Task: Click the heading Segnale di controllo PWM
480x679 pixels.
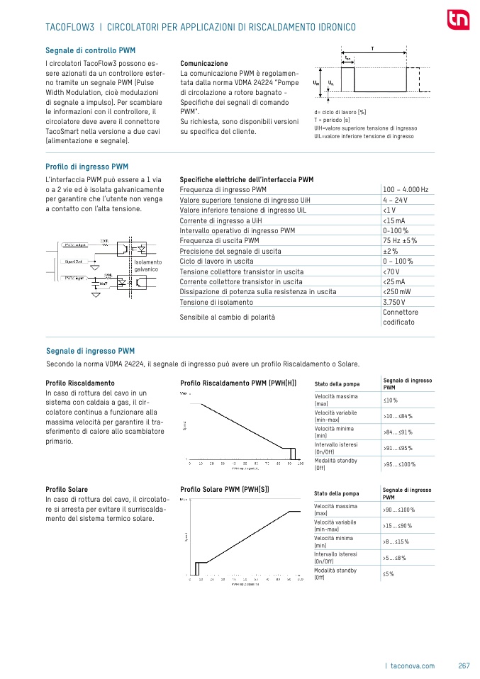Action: click(90, 51)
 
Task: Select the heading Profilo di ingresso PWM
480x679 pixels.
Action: click(86, 167)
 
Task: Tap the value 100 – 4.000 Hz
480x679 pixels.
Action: click(405, 190)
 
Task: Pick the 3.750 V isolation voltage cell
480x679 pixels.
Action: click(395, 302)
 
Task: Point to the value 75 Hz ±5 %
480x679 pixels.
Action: click(400, 241)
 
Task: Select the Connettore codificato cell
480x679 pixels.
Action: click(401, 317)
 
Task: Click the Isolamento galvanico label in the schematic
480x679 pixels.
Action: click(148, 266)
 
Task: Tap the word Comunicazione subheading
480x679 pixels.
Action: click(204, 63)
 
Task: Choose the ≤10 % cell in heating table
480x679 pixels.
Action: click(391, 401)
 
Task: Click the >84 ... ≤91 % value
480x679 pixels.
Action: click(398, 432)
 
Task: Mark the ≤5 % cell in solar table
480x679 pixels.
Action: click(389, 573)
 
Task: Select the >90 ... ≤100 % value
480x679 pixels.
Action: click(398, 510)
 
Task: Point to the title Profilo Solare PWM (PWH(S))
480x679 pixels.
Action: click(225, 490)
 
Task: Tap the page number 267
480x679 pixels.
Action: click(464, 666)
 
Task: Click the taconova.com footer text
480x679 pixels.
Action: click(411, 666)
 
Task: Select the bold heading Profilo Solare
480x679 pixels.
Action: click(67, 490)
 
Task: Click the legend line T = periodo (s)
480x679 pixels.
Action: click(336, 120)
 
